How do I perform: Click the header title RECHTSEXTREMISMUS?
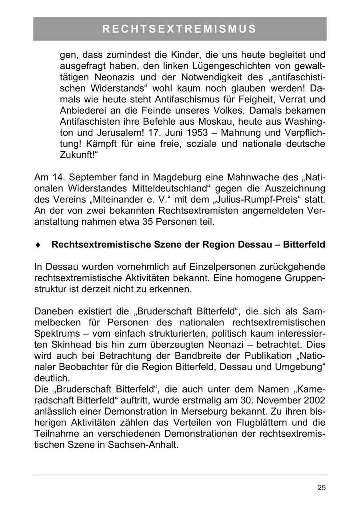click(x=180, y=29)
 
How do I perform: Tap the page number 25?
click(x=322, y=487)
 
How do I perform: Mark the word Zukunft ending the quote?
click(x=77, y=155)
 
